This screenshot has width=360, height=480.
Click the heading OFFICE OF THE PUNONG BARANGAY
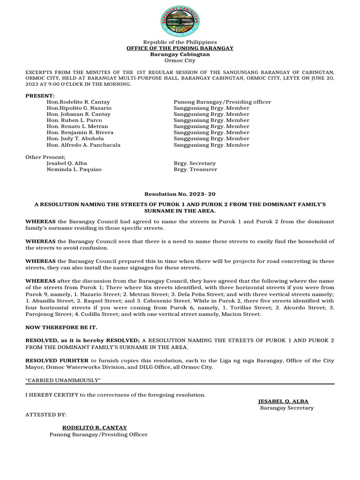180,48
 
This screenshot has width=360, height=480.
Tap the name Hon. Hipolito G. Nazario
79,108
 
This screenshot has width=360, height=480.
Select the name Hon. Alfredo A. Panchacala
83,145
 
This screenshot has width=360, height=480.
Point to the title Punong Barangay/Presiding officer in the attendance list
222,102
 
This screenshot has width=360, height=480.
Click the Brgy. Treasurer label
195,169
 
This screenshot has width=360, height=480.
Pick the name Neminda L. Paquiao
74,169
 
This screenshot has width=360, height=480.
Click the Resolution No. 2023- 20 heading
180,194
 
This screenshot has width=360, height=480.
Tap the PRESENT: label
40,96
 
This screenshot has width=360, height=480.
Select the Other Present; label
46,157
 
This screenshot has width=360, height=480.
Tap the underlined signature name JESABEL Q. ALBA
283,402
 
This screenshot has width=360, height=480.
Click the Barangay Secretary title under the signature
287,408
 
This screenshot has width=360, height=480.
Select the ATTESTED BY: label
46,415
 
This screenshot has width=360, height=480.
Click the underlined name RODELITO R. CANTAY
95,427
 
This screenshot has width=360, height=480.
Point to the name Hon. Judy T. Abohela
75,139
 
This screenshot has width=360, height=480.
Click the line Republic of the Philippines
180,42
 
